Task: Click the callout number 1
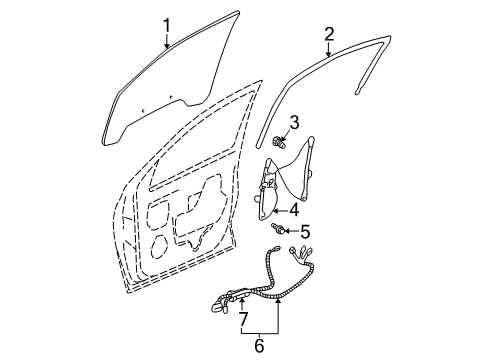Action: [x=168, y=24]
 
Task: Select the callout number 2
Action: [x=328, y=35]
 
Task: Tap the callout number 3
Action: [x=294, y=122]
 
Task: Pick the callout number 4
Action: [x=293, y=209]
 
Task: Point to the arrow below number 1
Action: [x=168, y=41]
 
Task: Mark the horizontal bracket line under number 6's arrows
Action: [x=260, y=331]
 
